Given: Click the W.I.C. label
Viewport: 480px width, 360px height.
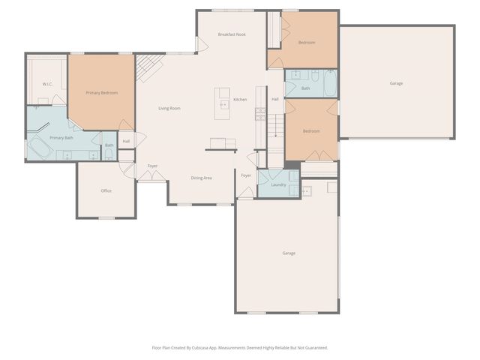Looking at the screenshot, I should pos(46,84).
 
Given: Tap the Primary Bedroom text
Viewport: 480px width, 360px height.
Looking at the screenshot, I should pos(101,92).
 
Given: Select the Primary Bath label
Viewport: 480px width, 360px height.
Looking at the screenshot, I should pos(61,138).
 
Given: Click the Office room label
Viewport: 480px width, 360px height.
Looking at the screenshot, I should pos(106,190).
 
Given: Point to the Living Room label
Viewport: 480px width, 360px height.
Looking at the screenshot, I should pos(169,109).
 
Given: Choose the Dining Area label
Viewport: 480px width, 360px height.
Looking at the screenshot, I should pos(201,178).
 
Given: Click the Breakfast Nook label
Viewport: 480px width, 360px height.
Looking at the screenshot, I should pos(232,34).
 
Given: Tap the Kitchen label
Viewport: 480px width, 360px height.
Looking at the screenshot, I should pos(240,100).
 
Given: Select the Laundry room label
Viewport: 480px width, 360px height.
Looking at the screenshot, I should pos(278,184).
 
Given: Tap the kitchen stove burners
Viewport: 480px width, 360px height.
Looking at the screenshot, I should pos(260,114).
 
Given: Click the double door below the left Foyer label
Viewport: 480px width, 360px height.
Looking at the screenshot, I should pos(152,176).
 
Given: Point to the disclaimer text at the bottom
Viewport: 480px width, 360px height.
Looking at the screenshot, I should pos(240,347).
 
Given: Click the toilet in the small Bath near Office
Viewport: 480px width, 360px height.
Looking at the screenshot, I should pos(109,155).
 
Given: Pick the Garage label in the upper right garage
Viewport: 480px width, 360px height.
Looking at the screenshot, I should pos(396,83).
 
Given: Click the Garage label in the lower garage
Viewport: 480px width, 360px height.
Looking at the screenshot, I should pos(289,253).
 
